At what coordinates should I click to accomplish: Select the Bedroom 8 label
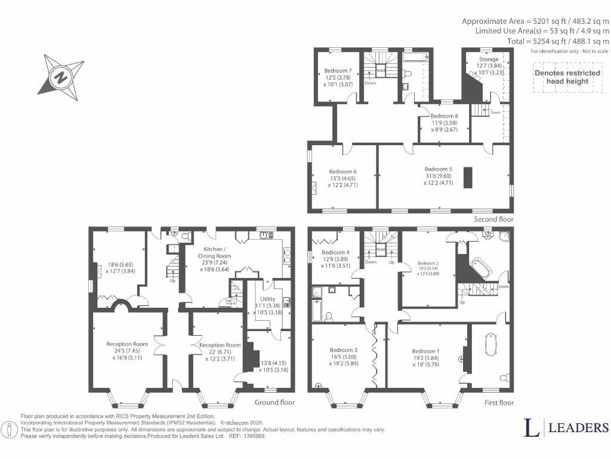[x=444, y=116]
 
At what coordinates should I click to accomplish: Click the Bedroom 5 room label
[x=438, y=169]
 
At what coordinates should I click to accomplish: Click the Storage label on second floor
[x=489, y=59]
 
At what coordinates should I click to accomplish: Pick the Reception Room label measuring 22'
[x=220, y=345]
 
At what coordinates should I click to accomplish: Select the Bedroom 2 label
[x=428, y=263]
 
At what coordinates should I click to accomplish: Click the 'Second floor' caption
[x=493, y=219]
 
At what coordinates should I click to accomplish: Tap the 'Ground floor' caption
[x=274, y=402]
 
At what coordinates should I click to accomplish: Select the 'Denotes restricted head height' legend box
[x=567, y=77]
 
